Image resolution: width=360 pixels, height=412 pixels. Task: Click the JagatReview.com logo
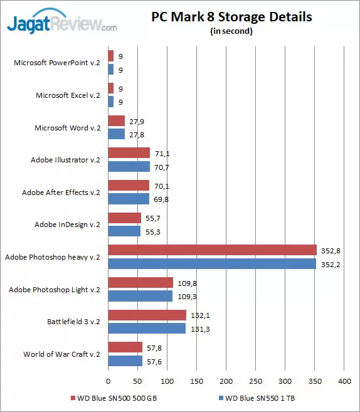61,24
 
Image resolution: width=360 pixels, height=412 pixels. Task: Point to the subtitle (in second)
231,32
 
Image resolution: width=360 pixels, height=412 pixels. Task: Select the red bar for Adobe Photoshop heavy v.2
212,251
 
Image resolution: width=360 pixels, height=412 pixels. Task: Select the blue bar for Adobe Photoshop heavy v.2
212,263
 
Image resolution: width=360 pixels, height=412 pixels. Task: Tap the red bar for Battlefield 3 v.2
147,315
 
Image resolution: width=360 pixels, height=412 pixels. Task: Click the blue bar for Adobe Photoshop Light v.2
140,296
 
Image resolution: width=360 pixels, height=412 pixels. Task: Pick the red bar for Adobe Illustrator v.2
129,153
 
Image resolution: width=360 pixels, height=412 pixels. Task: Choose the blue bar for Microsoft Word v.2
117,134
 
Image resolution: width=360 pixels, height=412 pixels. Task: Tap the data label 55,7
154,218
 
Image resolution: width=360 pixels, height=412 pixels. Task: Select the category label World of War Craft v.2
61,355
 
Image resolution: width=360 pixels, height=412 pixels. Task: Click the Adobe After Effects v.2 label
61,193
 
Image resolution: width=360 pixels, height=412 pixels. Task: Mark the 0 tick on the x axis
109,381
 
